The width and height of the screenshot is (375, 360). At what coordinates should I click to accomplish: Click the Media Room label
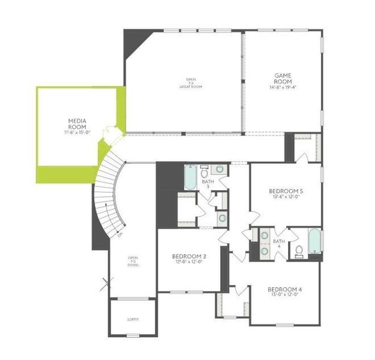[x=77, y=123]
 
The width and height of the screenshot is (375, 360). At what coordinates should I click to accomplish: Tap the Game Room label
[x=283, y=78]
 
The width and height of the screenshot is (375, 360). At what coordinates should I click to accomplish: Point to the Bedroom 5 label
[x=285, y=191]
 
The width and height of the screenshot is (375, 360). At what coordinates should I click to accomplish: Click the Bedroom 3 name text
[x=188, y=256]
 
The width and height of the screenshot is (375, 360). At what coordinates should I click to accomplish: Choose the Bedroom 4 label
[x=284, y=290]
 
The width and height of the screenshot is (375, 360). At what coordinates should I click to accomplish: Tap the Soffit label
[x=133, y=320]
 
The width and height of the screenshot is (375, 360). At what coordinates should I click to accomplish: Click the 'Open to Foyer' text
[x=133, y=262]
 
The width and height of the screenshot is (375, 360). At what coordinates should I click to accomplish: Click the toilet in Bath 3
[x=204, y=169]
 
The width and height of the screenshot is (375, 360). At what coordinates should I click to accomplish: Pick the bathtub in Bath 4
[x=314, y=241]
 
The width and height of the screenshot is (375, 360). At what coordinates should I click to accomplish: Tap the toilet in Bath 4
[x=298, y=251]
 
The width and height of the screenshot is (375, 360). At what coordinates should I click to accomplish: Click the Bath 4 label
[x=279, y=244]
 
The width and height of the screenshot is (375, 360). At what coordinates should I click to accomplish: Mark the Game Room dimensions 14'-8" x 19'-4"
[x=282, y=88]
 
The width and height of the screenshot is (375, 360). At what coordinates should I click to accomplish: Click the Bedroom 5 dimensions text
[x=285, y=197]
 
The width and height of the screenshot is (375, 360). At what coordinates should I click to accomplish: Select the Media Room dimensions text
[x=77, y=132]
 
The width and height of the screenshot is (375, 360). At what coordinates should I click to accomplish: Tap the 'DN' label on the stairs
[x=120, y=234]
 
